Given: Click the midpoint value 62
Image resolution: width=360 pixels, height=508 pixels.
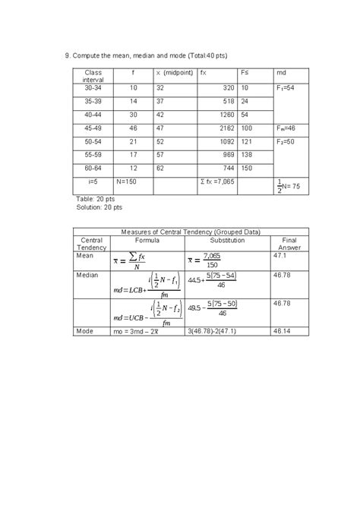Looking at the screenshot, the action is click(161, 167).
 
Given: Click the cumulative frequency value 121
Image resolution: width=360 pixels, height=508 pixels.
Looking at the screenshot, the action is click(248, 140).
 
